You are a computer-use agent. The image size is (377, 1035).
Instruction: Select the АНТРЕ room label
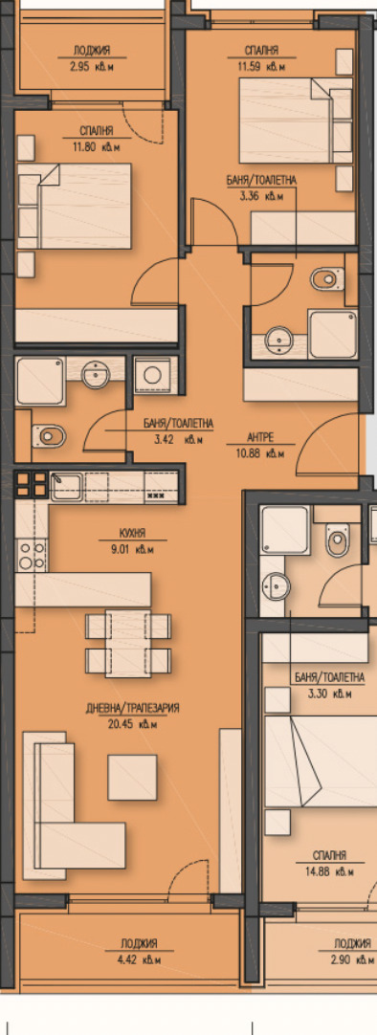(261, 437)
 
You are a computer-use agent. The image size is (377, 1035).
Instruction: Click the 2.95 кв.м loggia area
(92, 65)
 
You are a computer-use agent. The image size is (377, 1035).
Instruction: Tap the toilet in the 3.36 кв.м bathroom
(326, 278)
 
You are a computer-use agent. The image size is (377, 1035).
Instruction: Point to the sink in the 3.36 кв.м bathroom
(277, 341)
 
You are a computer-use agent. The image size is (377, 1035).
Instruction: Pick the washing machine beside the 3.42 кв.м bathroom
(152, 374)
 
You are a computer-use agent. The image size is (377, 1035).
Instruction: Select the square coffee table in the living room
(132, 778)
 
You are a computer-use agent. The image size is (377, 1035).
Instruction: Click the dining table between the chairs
(128, 644)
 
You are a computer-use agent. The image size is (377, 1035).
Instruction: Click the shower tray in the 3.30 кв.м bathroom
(283, 529)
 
